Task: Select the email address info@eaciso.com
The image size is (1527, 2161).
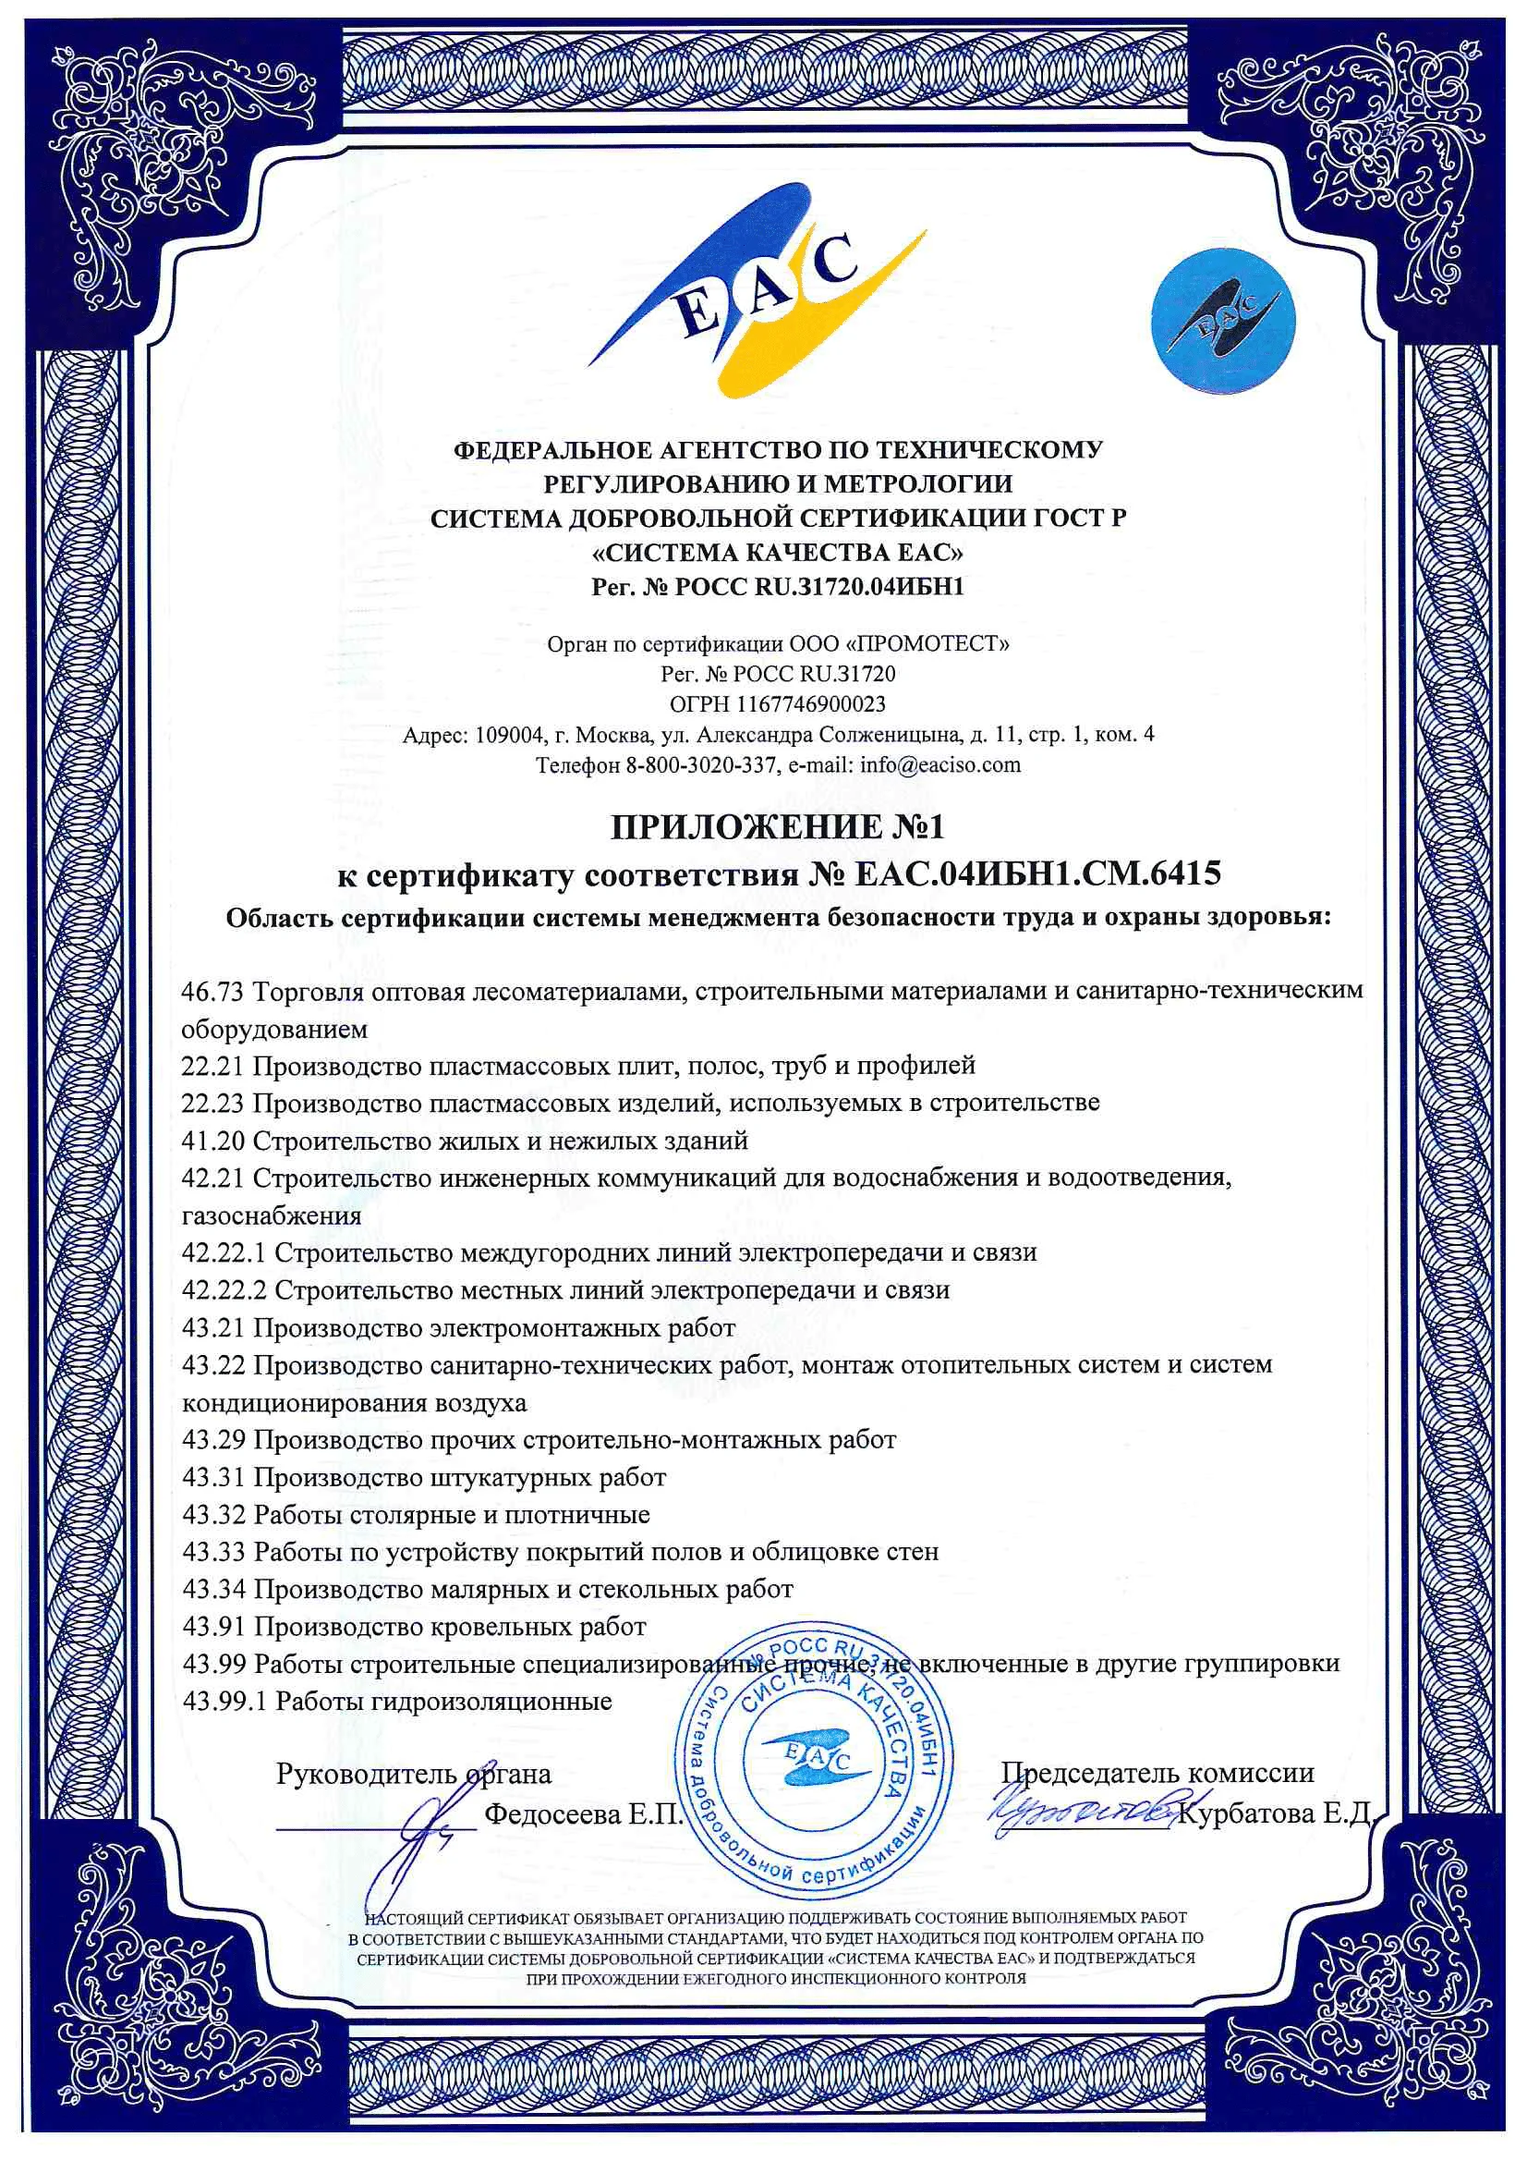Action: (939, 763)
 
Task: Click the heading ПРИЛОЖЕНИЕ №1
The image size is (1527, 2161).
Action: (777, 826)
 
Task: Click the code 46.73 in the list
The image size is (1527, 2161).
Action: (212, 990)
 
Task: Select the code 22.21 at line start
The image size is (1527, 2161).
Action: (212, 1066)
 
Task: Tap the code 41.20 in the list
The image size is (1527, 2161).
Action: (212, 1141)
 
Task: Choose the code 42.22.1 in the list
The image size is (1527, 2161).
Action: (224, 1252)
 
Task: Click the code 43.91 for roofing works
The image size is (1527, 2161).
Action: (212, 1626)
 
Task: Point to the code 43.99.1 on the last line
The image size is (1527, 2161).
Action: (224, 1701)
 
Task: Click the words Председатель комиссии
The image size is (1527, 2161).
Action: (1157, 1773)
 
